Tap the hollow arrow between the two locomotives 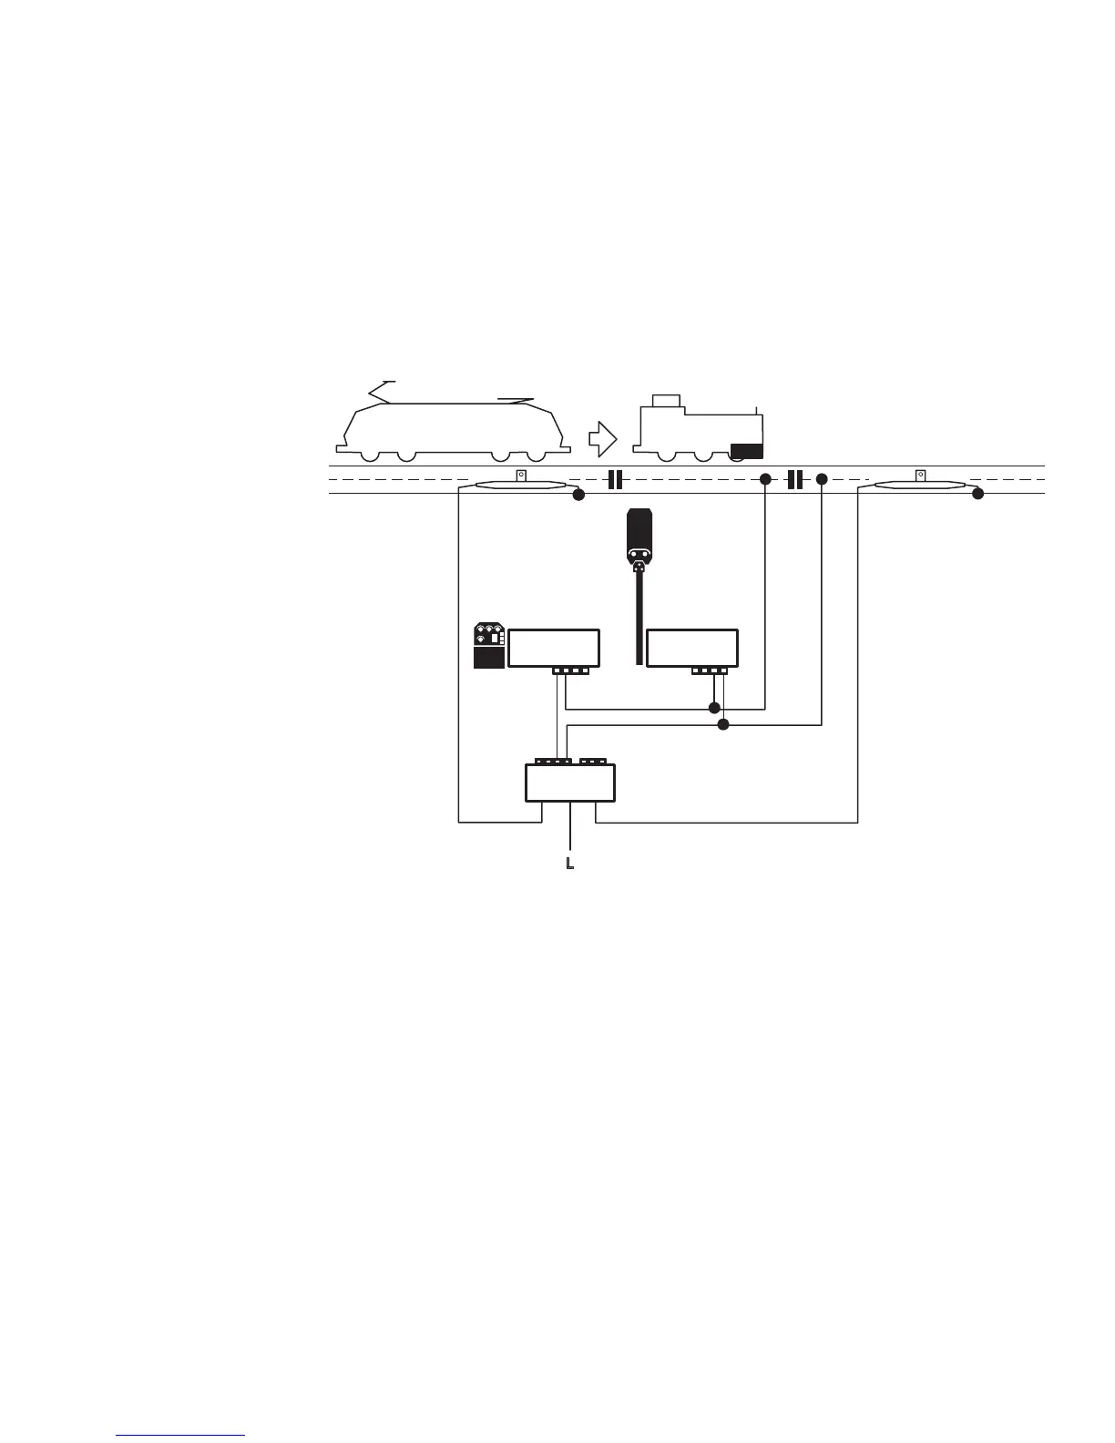click(x=602, y=438)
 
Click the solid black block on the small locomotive click(x=747, y=449)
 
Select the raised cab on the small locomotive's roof click(x=666, y=400)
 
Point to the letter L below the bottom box click(x=569, y=862)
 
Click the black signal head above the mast click(x=639, y=537)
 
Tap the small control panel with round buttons click(x=489, y=646)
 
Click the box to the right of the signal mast click(x=691, y=648)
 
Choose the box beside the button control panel click(x=553, y=648)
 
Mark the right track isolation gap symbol click(x=794, y=479)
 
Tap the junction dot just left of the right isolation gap click(x=765, y=479)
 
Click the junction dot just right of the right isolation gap click(x=822, y=479)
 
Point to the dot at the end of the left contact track click(x=577, y=495)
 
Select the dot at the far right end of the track click(x=977, y=495)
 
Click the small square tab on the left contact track click(x=521, y=475)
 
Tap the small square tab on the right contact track click(x=921, y=475)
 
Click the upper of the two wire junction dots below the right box click(x=714, y=708)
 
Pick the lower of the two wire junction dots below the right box click(x=724, y=725)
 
